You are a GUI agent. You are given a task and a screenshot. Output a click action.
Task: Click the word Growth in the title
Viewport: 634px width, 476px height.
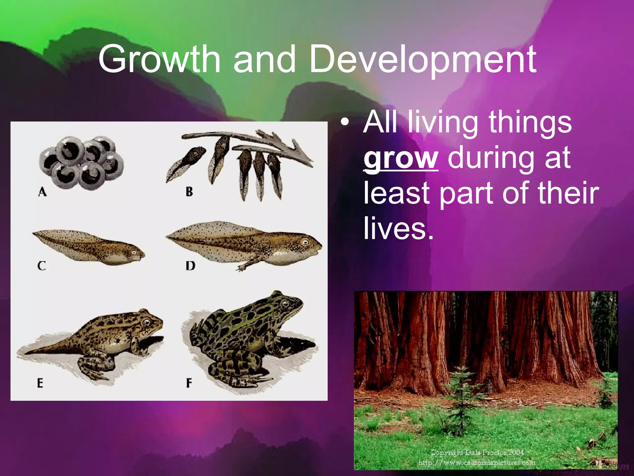click(x=159, y=59)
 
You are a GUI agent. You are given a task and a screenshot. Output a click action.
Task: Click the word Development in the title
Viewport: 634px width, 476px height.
click(x=423, y=59)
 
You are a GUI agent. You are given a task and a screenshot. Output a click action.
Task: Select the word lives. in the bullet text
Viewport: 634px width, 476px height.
click(x=398, y=228)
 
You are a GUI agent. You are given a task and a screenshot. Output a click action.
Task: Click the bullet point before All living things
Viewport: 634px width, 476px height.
click(x=345, y=122)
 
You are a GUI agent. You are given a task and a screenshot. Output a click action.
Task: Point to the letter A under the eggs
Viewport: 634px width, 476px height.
click(x=42, y=192)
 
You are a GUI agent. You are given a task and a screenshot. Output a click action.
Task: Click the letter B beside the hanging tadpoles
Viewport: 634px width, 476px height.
click(x=189, y=192)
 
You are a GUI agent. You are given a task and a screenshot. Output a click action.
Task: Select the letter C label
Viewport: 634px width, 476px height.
click(x=41, y=266)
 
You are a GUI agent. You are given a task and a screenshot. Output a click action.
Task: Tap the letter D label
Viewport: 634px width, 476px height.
click(x=190, y=266)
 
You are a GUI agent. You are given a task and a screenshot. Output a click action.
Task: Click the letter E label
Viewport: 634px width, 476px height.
click(x=40, y=383)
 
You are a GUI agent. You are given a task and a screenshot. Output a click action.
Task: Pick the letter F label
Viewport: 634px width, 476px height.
click(x=189, y=383)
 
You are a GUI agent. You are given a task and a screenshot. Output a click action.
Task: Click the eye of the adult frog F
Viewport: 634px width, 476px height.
click(x=285, y=303)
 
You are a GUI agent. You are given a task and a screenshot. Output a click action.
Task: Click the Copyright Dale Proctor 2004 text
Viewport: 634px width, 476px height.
click(x=477, y=453)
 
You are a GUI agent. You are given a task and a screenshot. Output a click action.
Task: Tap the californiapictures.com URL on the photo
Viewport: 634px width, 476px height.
click(x=477, y=463)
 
